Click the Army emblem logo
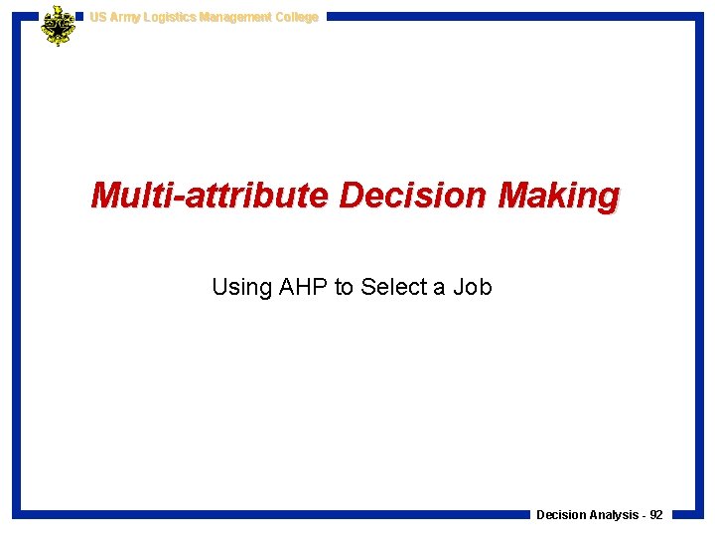(58, 25)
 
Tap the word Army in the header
(125, 17)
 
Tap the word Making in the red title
(558, 196)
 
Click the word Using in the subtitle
(241, 288)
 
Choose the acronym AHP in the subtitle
(303, 288)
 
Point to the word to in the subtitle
(344, 288)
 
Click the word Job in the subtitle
(472, 288)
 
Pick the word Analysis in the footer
(614, 515)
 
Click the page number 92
(656, 515)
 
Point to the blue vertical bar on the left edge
(17, 268)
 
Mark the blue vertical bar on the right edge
(699, 268)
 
